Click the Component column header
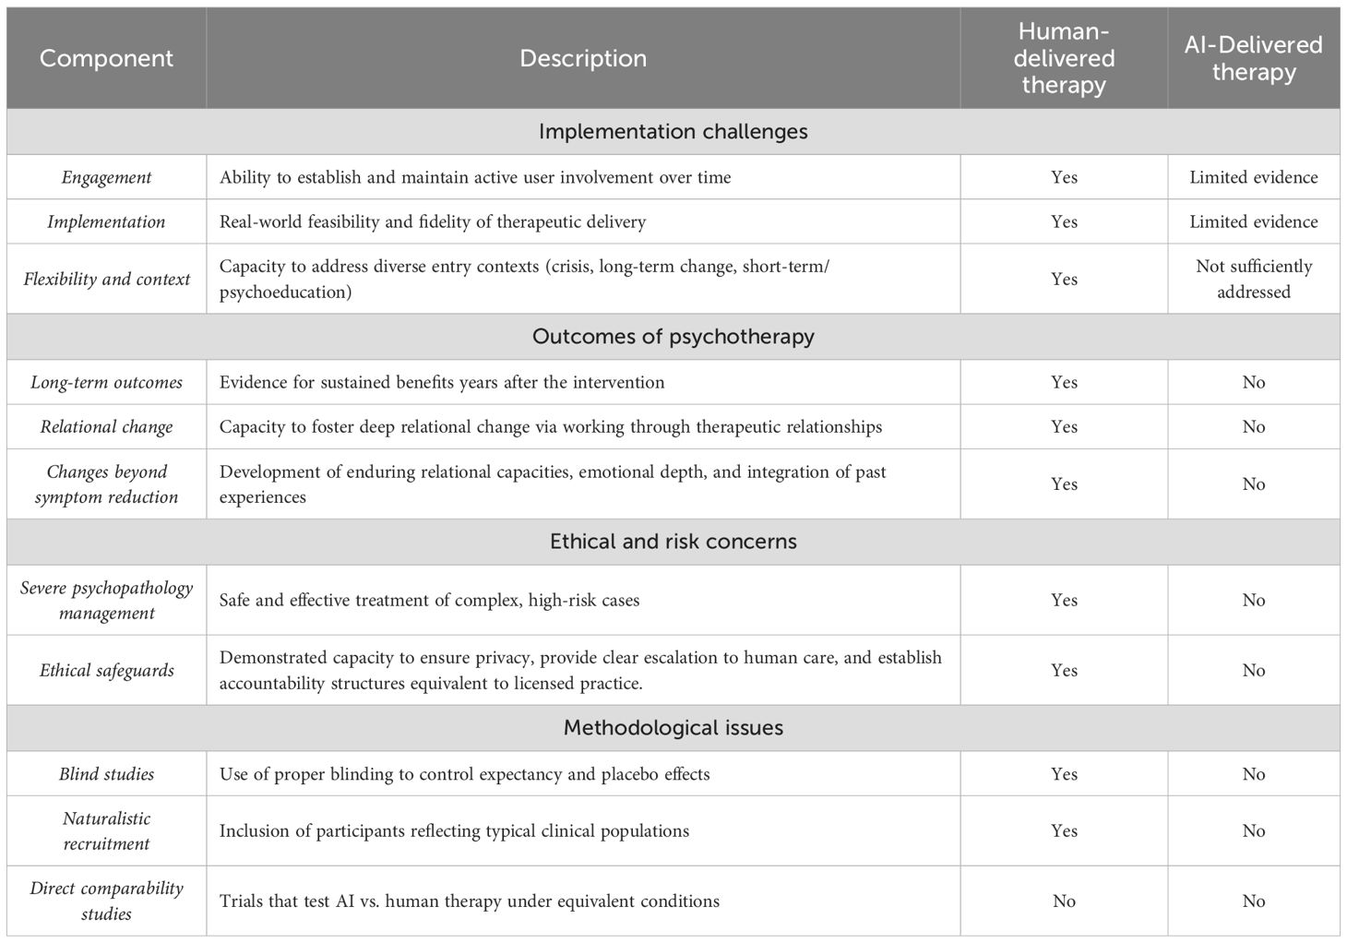tap(106, 58)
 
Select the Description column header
tap(583, 58)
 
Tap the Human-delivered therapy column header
tap(1064, 58)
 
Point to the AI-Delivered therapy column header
tap(1253, 58)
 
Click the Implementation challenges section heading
tap(673, 131)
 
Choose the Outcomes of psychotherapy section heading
tap(673, 336)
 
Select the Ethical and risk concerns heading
tap(673, 541)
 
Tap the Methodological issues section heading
tap(673, 727)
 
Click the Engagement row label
tap(106, 177)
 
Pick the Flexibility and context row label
tap(106, 279)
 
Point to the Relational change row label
tap(106, 426)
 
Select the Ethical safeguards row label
tap(106, 670)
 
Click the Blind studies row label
tap(106, 773)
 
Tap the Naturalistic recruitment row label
tap(106, 830)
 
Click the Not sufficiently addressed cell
tap(1253, 279)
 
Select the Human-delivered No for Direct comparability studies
tap(1064, 901)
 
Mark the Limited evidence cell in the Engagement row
tap(1253, 177)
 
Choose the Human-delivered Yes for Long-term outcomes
tap(1064, 382)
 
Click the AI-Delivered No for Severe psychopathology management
tap(1253, 600)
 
